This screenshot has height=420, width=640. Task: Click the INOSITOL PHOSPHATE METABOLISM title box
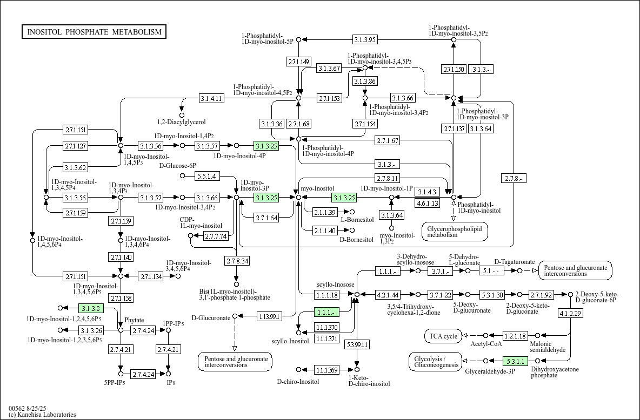pos(94,32)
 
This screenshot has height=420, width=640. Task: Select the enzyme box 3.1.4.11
pos(212,98)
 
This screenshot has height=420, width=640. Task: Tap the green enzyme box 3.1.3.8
pos(92,308)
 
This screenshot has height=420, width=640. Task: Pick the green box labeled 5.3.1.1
pos(516,361)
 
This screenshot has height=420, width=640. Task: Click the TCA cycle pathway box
pos(443,336)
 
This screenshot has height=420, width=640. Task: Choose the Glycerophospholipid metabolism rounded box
pos(455,232)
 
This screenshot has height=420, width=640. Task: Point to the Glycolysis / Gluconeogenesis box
pos(436,362)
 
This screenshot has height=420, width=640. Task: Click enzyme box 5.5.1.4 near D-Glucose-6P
pos(208,176)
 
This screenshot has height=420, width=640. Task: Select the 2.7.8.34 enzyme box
pos(237,261)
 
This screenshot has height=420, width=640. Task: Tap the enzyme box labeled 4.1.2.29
pos(570,313)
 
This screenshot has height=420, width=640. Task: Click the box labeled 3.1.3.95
pos(365,39)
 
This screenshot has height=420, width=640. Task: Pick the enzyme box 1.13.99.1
pos(269,316)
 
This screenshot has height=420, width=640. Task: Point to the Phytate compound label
pos(134,320)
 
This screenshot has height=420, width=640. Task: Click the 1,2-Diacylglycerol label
pos(182,122)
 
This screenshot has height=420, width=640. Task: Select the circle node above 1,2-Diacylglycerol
pos(182,116)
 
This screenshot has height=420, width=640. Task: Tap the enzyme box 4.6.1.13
pos(428,203)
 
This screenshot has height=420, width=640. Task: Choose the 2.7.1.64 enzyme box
pos(266,218)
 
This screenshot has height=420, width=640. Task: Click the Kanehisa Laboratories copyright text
pos(42,415)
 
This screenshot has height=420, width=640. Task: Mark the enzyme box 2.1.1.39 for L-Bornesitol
pos(325,212)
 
